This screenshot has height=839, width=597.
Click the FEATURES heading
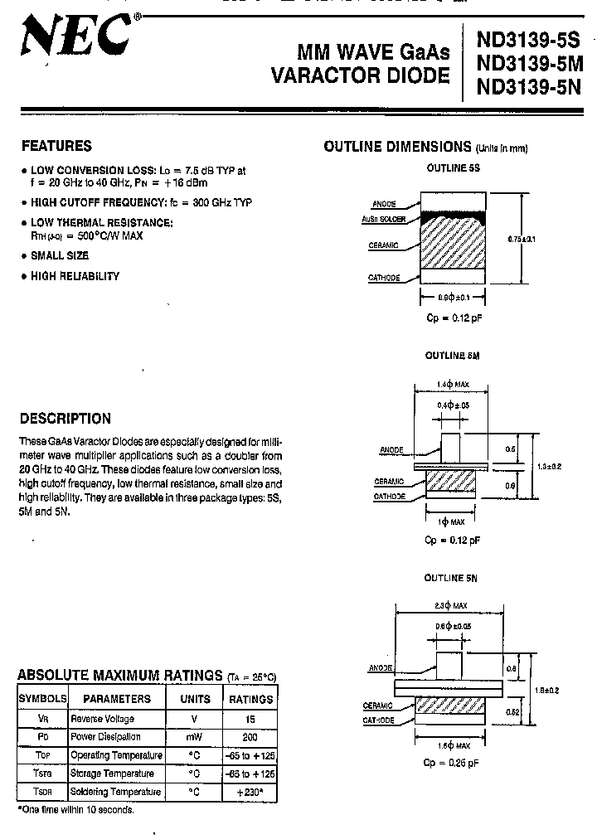coord(56,146)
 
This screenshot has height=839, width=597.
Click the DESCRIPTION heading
coord(66,419)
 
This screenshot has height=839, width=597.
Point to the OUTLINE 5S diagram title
coord(453,167)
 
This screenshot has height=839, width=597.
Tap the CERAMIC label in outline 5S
coord(385,245)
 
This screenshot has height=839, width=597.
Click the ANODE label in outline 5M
coord(391,450)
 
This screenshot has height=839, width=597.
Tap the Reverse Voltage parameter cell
coord(102,719)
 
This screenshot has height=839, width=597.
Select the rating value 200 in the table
coord(250,737)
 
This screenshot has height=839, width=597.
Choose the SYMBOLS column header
coord(43,699)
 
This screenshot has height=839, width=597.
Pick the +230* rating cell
coord(250,791)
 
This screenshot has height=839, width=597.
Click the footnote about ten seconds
coord(75,809)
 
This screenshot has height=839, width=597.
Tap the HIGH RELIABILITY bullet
coord(75,276)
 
